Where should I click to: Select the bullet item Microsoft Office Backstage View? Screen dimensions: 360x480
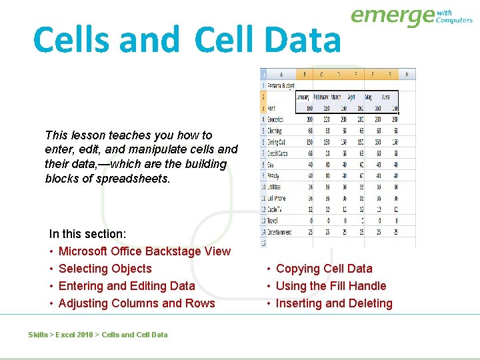(144, 251)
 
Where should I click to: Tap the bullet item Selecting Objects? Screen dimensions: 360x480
(105, 269)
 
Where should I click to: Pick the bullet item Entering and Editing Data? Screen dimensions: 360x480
(127, 286)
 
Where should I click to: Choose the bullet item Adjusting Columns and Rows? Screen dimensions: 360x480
(137, 303)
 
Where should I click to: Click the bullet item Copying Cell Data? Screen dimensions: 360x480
(324, 269)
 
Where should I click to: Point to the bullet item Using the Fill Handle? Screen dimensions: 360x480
(331, 286)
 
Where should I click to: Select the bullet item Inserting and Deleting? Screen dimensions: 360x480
(334, 303)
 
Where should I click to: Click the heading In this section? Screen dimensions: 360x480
(87, 234)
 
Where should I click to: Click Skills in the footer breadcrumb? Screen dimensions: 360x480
(38, 335)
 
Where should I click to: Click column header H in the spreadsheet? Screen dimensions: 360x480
(407, 74)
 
